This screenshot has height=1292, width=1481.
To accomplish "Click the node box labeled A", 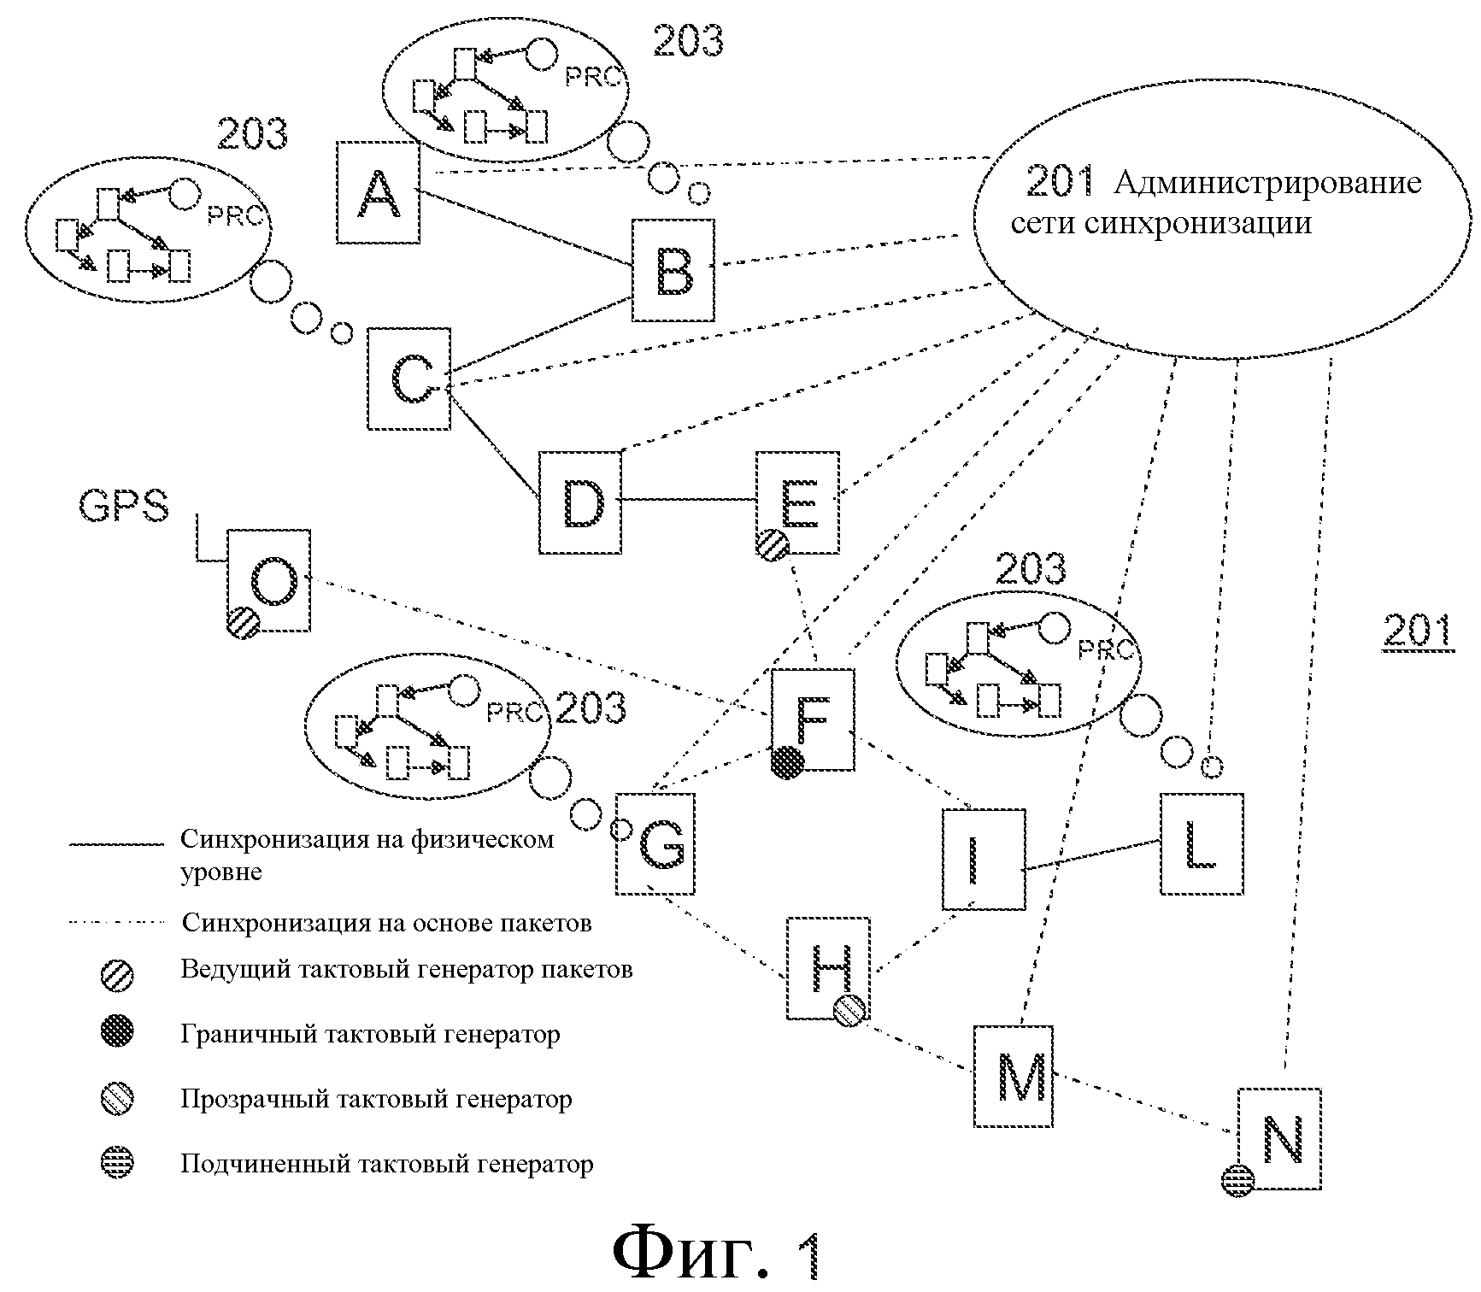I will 378,193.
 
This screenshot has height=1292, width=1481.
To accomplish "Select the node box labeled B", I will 673,270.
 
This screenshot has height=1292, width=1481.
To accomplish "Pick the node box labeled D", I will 580,502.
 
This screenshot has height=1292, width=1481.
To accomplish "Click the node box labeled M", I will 1013,1077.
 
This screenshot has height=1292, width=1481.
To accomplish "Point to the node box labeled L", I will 1202,844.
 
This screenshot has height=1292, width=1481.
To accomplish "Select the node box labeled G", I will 655,844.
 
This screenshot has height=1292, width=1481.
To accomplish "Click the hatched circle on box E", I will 773,545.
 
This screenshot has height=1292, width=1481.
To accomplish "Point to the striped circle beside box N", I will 1237,1181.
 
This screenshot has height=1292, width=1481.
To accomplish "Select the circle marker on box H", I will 850,1010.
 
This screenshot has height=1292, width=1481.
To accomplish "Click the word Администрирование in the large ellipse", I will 1268,183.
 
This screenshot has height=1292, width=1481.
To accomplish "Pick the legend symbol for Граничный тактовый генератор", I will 118,1034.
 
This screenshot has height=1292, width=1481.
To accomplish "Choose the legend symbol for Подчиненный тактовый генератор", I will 118,1164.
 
